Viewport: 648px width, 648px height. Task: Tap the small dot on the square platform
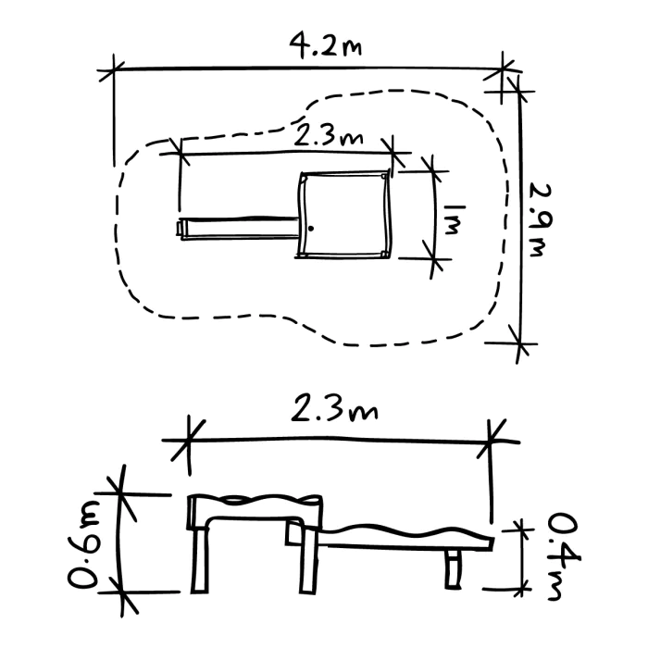coord(312,228)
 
